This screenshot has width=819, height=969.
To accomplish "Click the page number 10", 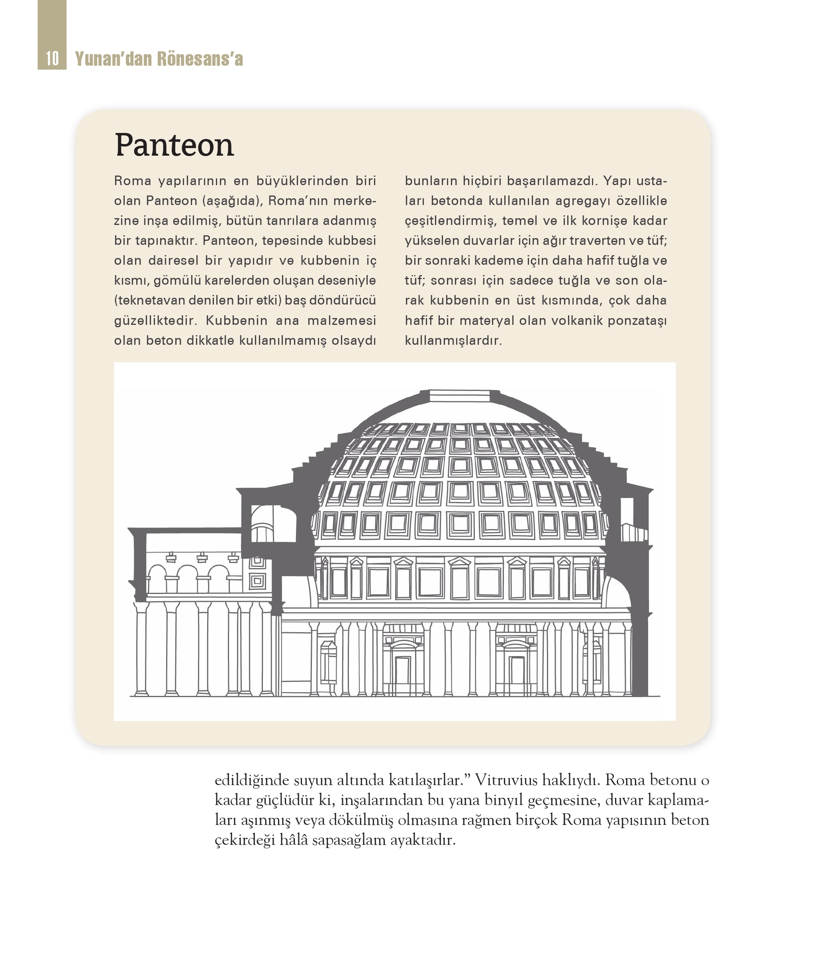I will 52,59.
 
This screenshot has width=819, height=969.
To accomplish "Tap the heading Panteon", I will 174,145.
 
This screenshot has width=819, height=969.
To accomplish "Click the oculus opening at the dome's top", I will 459,396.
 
